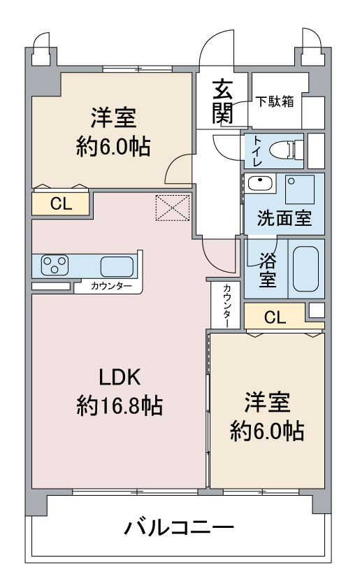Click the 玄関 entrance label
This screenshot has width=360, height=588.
pyautogui.click(x=223, y=101)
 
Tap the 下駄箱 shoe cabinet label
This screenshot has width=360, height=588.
pyautogui.click(x=275, y=101)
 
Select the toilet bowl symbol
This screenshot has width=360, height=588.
pyautogui.click(x=286, y=149)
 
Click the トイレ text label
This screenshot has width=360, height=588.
pyautogui.click(x=258, y=151)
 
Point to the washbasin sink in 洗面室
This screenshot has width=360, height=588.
pyautogui.click(x=260, y=184)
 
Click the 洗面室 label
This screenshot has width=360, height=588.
pyautogui.click(x=285, y=218)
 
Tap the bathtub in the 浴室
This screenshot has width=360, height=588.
pyautogui.click(x=306, y=268)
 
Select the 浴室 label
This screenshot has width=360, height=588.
pyautogui.click(x=267, y=270)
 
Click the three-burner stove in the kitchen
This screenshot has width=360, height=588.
pyautogui.click(x=55, y=265)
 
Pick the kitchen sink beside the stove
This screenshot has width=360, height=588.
pyautogui.click(x=117, y=266)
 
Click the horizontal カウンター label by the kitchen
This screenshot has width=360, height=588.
pyautogui.click(x=111, y=287)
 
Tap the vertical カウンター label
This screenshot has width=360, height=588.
pyautogui.click(x=227, y=306)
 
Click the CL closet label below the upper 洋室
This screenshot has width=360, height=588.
pyautogui.click(x=61, y=204)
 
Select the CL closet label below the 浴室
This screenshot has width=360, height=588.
pyautogui.click(x=275, y=317)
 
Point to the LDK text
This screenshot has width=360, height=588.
pyautogui.click(x=120, y=378)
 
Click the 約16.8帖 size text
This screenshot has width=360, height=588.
pyautogui.click(x=120, y=406)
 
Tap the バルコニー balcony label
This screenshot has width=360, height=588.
pyautogui.click(x=179, y=528)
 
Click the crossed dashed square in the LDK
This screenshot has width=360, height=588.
pyautogui.click(x=173, y=208)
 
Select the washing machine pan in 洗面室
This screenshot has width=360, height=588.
pyautogui.click(x=300, y=189)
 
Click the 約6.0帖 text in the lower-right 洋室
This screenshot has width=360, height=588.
pyautogui.click(x=267, y=431)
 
